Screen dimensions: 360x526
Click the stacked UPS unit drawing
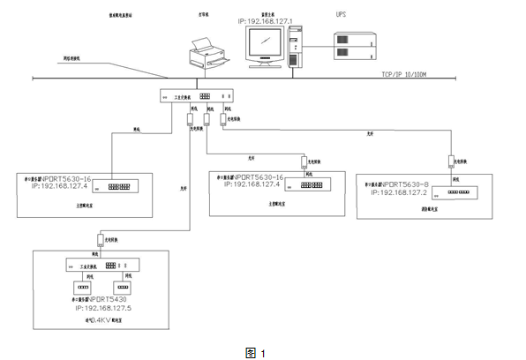pos(355,45)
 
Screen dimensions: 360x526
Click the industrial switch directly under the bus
pos(197,96)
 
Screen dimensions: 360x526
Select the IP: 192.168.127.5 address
pos(103,308)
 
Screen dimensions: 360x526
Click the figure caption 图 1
pos(255,352)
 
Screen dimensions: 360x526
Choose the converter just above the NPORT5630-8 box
pos(452,161)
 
